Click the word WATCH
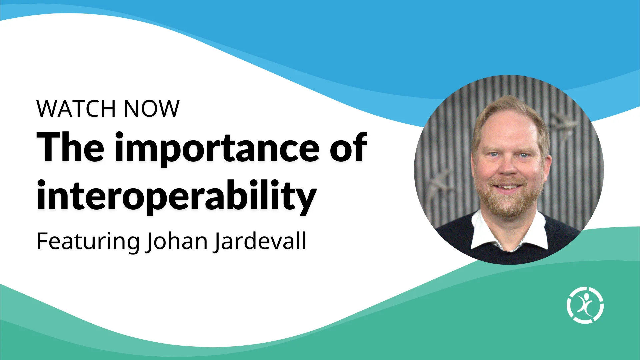[76, 109]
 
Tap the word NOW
[152, 109]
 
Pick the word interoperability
[177, 197]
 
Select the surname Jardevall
[260, 241]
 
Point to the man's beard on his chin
[507, 205]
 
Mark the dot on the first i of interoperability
[41, 184]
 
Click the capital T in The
[50, 147]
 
